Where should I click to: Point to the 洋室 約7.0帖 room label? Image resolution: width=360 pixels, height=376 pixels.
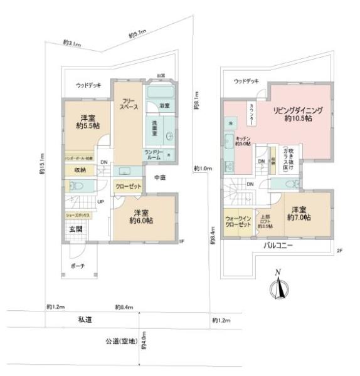tap(299, 212)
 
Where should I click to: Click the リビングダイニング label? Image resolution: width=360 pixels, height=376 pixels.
tap(297, 114)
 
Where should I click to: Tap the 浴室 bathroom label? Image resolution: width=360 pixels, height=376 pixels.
tap(165, 106)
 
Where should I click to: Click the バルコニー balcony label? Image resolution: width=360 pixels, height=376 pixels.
tap(278, 247)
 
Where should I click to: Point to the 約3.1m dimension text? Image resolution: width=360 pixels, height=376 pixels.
tap(71, 43)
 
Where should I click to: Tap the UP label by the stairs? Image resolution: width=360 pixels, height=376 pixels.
tap(100, 202)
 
